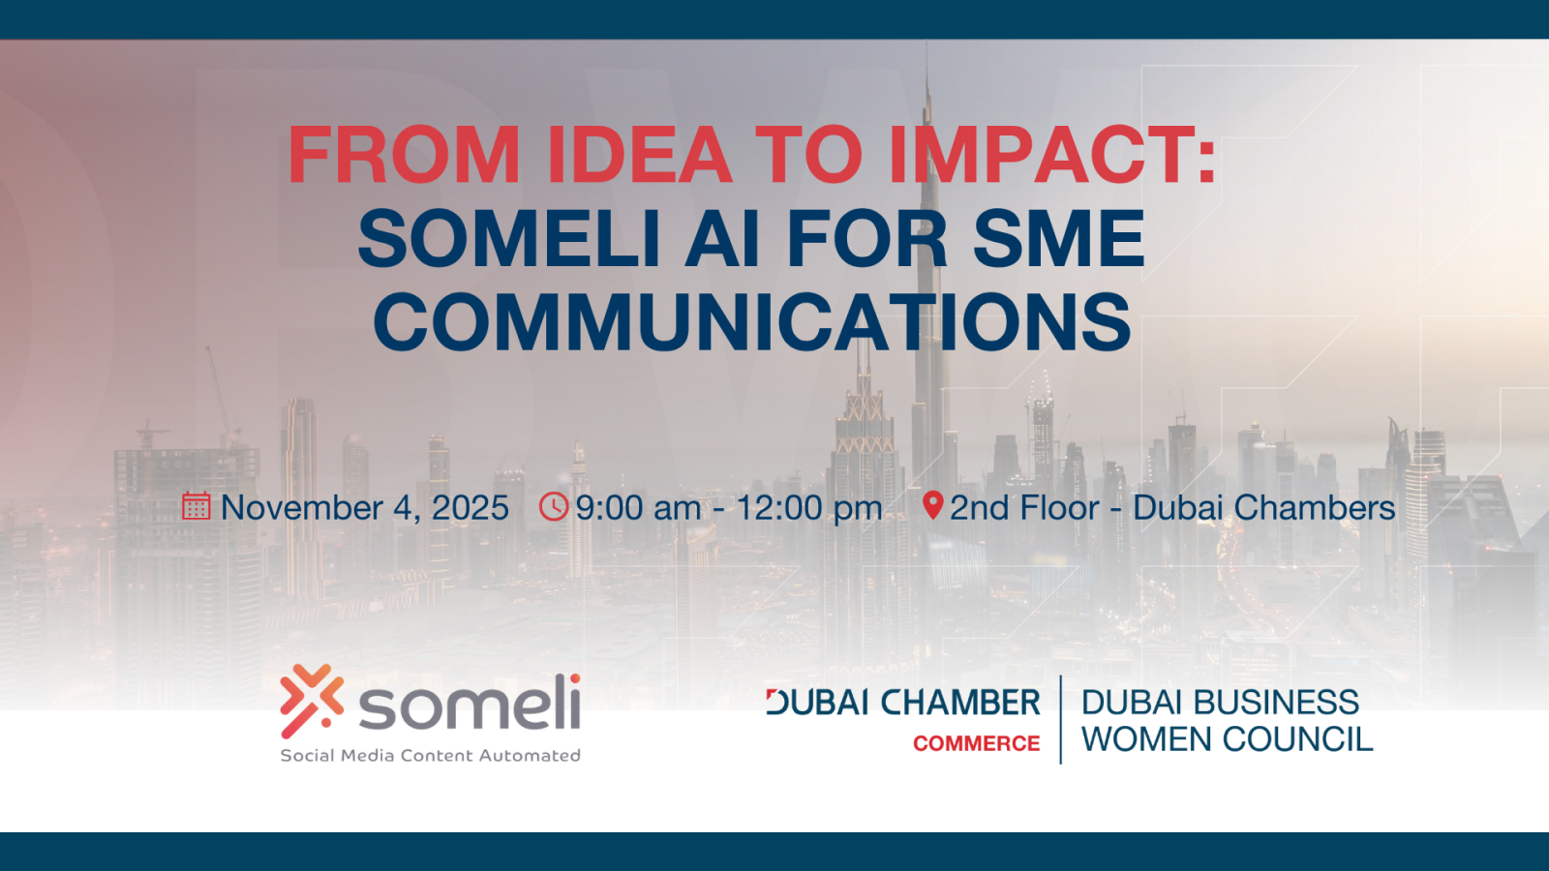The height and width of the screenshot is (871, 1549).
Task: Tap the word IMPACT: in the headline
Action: (x=1051, y=155)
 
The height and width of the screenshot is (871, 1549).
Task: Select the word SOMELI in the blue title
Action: (x=509, y=238)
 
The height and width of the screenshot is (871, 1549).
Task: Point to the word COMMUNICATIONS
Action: (x=752, y=322)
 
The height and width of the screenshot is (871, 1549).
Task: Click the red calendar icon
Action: (x=197, y=506)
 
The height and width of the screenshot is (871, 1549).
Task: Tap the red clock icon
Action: (x=553, y=506)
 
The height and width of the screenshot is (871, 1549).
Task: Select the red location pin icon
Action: (x=933, y=505)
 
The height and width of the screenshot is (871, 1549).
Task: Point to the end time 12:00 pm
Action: (x=808, y=509)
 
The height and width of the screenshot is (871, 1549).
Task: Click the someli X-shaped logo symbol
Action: (x=312, y=701)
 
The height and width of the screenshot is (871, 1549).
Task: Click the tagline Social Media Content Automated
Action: (x=430, y=756)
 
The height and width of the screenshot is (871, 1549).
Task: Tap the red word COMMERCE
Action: (x=977, y=743)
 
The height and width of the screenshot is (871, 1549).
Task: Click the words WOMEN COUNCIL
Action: (x=1228, y=739)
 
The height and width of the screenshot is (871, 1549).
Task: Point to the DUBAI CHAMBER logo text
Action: (x=903, y=703)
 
